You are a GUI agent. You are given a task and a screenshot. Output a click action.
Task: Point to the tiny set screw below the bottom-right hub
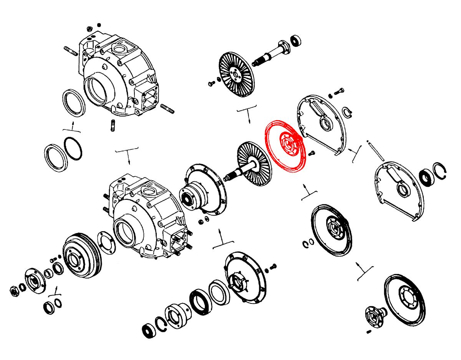coord(368,332)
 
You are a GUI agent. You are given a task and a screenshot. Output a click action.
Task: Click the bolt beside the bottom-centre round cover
coord(273,266)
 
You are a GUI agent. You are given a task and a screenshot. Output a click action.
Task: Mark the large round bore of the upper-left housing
coord(96,91)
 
